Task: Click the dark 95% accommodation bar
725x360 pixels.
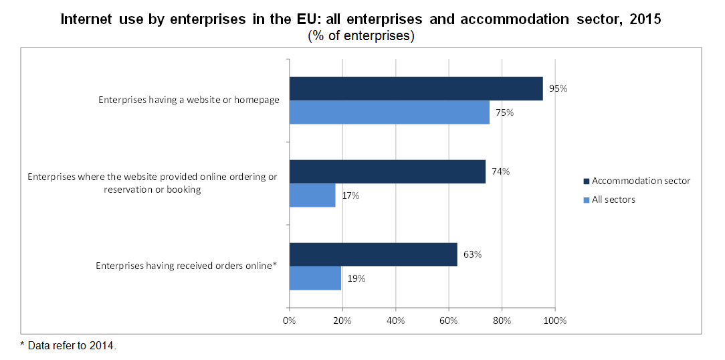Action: coord(416,88)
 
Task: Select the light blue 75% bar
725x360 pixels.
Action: coord(389,112)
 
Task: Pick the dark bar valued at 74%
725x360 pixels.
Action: coord(387,172)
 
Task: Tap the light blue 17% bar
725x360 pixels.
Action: coord(312,195)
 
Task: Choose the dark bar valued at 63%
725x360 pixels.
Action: coord(373,254)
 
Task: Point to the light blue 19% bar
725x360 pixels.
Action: coord(315,278)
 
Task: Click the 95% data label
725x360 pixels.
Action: coord(558,88)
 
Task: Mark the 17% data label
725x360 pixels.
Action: coord(350,195)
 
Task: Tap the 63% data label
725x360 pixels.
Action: coord(472,254)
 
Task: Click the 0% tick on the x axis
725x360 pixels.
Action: coord(289,321)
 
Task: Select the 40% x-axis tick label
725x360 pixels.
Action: coord(395,321)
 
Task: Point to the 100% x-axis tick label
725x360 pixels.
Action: coord(555,321)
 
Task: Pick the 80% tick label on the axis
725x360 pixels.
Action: coord(502,321)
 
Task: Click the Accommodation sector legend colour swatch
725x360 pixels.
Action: coord(587,181)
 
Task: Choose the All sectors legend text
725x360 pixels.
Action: coord(613,200)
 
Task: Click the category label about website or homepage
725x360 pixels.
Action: coord(189,100)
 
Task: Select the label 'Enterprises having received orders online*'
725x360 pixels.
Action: coord(187,266)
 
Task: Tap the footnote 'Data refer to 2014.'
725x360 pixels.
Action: coord(72,346)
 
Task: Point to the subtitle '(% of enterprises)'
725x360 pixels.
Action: coord(360,35)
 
